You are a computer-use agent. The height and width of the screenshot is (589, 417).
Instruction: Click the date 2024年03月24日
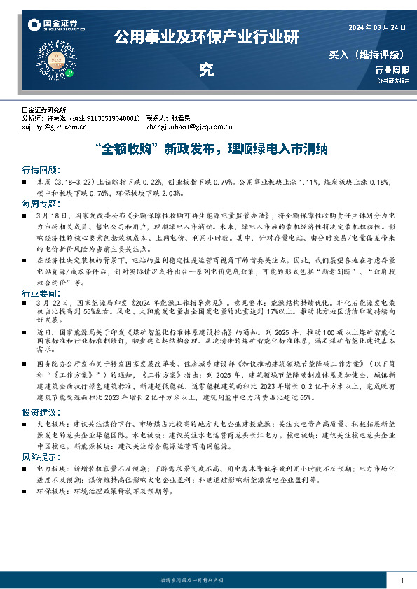(x=377, y=27)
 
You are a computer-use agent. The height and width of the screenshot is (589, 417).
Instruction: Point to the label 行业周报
(x=392, y=70)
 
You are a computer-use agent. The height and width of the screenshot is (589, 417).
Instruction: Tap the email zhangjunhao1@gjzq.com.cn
(x=189, y=127)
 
